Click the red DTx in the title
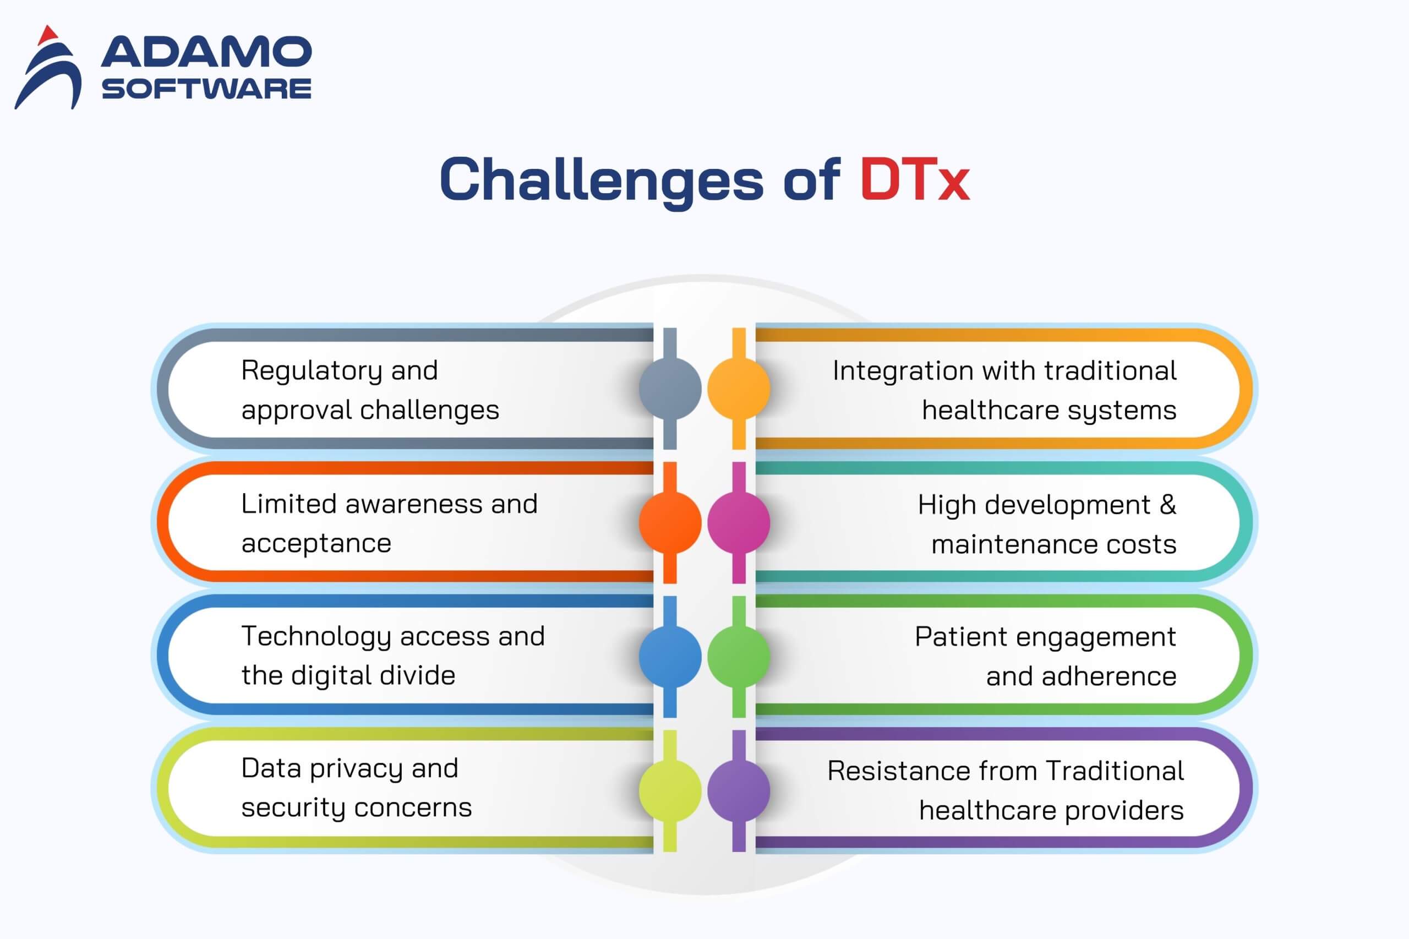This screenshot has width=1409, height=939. click(914, 179)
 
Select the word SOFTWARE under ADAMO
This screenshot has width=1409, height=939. click(206, 89)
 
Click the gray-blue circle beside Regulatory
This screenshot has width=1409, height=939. click(670, 388)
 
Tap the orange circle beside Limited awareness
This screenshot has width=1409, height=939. click(670, 522)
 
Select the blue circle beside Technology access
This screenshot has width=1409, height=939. click(670, 656)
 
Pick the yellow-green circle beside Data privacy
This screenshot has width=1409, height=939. click(670, 790)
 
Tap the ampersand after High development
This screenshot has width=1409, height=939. click(1168, 505)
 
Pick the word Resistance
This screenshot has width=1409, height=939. click(890, 771)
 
